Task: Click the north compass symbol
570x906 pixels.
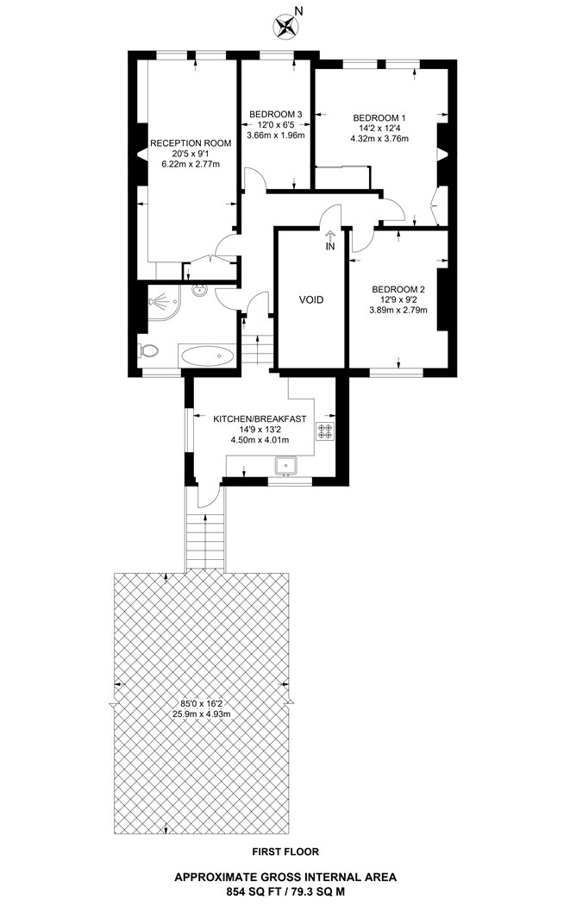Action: pos(284,25)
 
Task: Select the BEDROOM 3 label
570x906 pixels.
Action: pos(275,114)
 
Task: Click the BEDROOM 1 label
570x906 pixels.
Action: pos(379,117)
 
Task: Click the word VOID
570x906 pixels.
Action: pos(311,300)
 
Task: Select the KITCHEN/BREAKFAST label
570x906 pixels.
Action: pos(260,418)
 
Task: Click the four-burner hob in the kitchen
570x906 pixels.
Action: pos(326,431)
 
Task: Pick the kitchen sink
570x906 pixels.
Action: pos(285,467)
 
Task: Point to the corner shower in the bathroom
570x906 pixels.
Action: pos(160,303)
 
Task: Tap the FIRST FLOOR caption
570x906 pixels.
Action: pos(285,852)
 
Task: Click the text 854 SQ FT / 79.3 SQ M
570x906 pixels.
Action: pos(285,890)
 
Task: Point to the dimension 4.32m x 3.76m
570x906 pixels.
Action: pos(379,138)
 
